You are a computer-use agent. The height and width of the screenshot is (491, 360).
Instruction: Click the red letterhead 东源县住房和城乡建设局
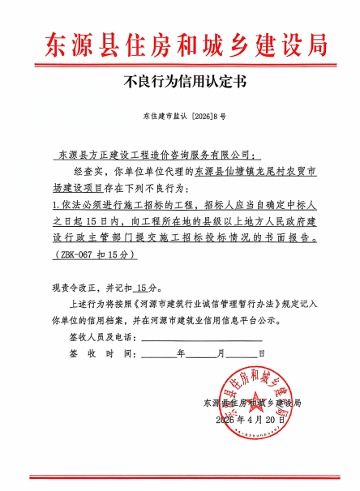(x=180, y=43)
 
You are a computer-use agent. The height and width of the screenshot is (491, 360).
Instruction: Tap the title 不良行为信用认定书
(x=180, y=81)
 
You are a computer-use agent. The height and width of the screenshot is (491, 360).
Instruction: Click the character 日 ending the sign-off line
(x=260, y=354)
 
